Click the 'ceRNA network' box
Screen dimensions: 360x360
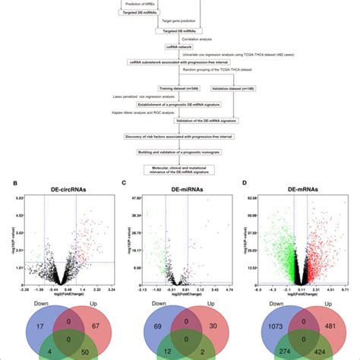[x=180, y=46]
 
